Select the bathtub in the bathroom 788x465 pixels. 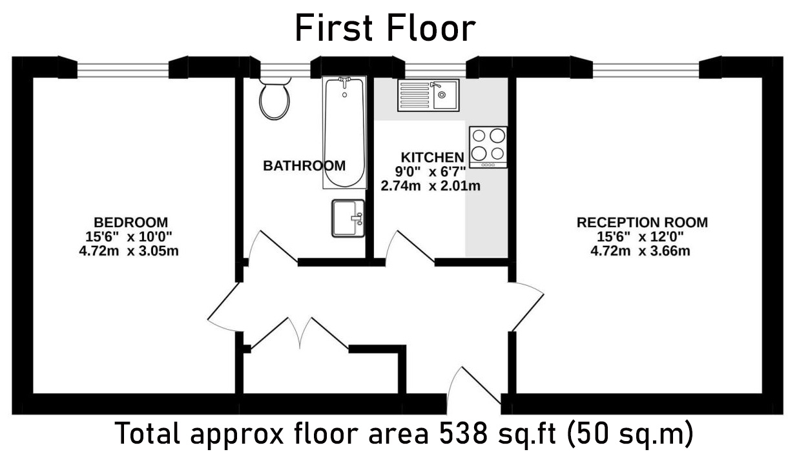(x=344, y=132)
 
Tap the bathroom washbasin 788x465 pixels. (x=348, y=218)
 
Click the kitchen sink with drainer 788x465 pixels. (x=428, y=96)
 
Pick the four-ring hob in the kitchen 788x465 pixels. (x=488, y=147)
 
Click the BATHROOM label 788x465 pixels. (x=304, y=166)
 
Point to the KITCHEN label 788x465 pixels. (x=432, y=157)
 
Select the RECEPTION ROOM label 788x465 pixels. (x=641, y=222)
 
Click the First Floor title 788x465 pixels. (x=385, y=28)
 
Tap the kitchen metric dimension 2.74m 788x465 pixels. (x=404, y=186)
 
